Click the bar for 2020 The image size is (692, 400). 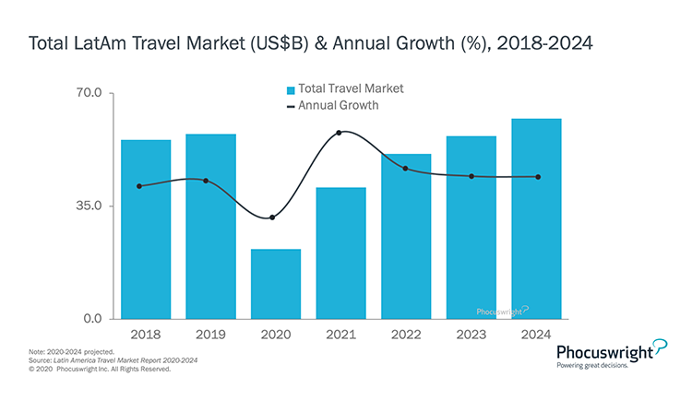coord(276,284)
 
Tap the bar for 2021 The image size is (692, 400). coord(340,253)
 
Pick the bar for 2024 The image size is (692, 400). coord(536,218)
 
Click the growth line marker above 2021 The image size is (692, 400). coord(340,133)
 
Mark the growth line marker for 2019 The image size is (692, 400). coord(206,181)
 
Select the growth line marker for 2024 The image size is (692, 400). coord(538,177)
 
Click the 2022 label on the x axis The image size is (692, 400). coord(406,335)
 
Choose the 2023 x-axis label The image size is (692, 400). coord(471,335)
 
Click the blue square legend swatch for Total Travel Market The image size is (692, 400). coord(291,90)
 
